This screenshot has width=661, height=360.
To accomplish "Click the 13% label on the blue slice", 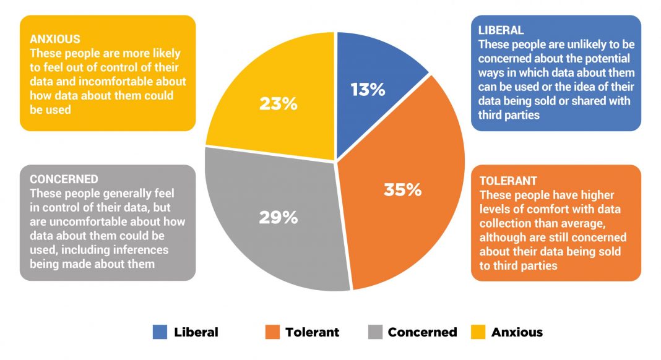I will click(368, 90).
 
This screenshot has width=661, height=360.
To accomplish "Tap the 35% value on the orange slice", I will click(402, 189).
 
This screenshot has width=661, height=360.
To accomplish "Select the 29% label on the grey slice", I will click(278, 218).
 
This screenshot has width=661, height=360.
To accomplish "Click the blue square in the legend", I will click(160, 332).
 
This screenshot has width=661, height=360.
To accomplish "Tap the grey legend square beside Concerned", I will click(374, 332).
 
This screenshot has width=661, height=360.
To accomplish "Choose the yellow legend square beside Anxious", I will click(478, 332).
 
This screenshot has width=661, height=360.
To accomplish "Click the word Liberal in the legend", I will click(196, 332).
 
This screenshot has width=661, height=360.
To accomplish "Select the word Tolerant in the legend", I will click(312, 332).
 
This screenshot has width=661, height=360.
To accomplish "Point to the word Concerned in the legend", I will click(422, 332).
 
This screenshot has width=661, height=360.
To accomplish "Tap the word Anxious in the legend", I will click(517, 332).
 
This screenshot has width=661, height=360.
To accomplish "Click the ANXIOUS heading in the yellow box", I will click(55, 40).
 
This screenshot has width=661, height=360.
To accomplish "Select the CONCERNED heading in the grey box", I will click(64, 179).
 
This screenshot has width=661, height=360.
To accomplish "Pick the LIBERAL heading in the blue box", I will click(501, 30).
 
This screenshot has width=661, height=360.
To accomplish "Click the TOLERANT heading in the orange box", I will click(508, 181).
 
